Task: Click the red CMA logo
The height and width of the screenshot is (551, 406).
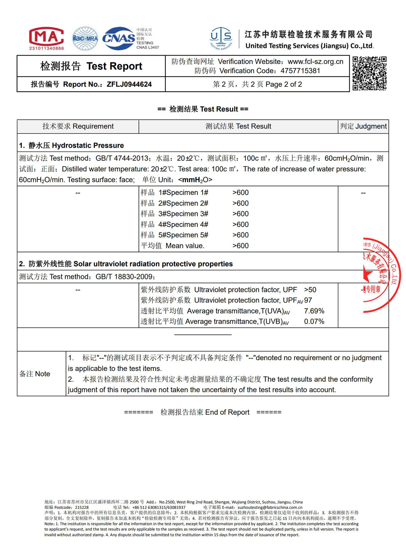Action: (x=46, y=38)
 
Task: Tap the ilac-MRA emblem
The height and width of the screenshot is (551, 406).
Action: (x=85, y=38)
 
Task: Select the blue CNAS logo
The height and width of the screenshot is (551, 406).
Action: (x=119, y=38)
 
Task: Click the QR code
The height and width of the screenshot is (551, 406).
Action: (x=370, y=73)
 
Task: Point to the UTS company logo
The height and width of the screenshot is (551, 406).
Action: (x=221, y=38)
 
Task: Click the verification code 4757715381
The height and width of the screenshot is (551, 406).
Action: (x=300, y=71)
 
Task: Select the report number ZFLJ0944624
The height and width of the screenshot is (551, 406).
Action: (x=129, y=84)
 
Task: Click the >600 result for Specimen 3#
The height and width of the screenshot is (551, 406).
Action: (x=240, y=214)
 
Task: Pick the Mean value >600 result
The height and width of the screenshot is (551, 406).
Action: (x=240, y=246)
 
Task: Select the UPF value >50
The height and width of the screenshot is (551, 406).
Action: (x=310, y=290)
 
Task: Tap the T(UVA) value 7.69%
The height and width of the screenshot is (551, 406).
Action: (x=314, y=311)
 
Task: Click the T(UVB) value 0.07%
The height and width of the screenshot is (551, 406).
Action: (x=314, y=321)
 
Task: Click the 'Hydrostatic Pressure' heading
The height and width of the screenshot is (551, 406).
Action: (x=88, y=145)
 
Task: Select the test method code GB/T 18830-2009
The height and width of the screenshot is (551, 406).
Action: (x=124, y=277)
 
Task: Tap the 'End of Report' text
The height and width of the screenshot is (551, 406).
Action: (x=227, y=412)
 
